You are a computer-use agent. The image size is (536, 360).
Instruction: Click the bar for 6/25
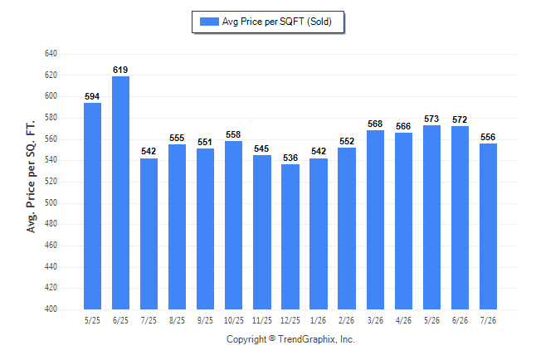pyautogui.click(x=120, y=192)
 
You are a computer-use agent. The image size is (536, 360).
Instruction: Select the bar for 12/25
pyautogui.click(x=290, y=237)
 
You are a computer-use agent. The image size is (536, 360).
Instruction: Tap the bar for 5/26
pyautogui.click(x=431, y=217)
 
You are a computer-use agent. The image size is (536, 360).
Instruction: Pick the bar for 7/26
pyautogui.click(x=488, y=226)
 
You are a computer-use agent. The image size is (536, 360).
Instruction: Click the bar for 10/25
pyautogui.click(x=233, y=226)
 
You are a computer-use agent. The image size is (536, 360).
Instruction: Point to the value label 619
pyautogui.click(x=120, y=70)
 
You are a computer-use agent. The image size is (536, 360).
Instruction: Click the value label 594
pyautogui.click(x=92, y=97)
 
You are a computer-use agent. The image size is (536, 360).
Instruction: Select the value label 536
pyautogui.click(x=290, y=158)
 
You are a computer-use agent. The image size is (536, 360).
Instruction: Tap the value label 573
pyautogui.click(x=431, y=119)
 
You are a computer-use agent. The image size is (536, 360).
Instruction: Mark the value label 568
pyautogui.click(x=375, y=124)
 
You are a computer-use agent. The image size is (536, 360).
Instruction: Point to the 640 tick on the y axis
pyautogui.click(x=51, y=54)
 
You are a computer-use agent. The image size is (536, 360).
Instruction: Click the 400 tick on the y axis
pyautogui.click(x=51, y=309)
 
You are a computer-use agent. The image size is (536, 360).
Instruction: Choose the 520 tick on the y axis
pyautogui.click(x=51, y=181)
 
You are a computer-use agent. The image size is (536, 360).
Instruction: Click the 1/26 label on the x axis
pyautogui.click(x=319, y=321)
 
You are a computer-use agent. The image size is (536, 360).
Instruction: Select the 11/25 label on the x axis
pyautogui.click(x=262, y=321)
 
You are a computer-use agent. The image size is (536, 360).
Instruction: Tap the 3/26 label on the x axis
pyautogui.click(x=375, y=321)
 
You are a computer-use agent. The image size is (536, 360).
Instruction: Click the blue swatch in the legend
pyautogui.click(x=209, y=22)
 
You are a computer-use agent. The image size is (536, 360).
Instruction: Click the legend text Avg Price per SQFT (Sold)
pyautogui.click(x=277, y=22)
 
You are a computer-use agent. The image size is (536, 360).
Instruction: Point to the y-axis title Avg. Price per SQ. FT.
pyautogui.click(x=31, y=177)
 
